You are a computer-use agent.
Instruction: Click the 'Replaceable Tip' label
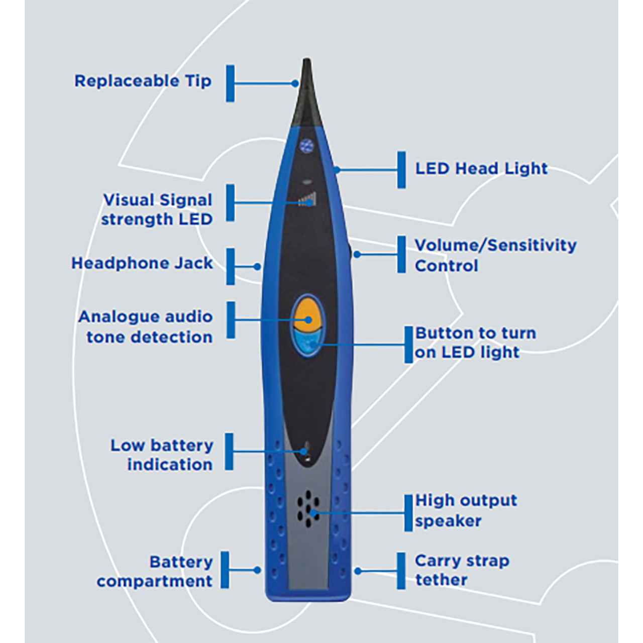143,81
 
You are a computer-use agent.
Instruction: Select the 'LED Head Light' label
481,168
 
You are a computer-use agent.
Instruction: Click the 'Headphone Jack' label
142,263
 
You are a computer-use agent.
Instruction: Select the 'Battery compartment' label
155,571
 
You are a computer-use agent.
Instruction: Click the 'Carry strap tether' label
462,570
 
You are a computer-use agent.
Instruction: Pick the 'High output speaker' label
466,510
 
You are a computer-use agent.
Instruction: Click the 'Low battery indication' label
162,455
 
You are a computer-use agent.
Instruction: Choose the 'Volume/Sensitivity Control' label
495,255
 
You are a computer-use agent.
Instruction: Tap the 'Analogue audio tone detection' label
146,327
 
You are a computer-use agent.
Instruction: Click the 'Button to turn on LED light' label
475,343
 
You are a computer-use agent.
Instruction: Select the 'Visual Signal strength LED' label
157,209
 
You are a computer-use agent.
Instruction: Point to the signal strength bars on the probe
307,200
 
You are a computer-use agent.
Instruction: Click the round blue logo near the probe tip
306,146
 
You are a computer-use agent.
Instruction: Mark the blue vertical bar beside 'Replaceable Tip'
230,83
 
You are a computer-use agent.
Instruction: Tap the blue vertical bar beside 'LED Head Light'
401,170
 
